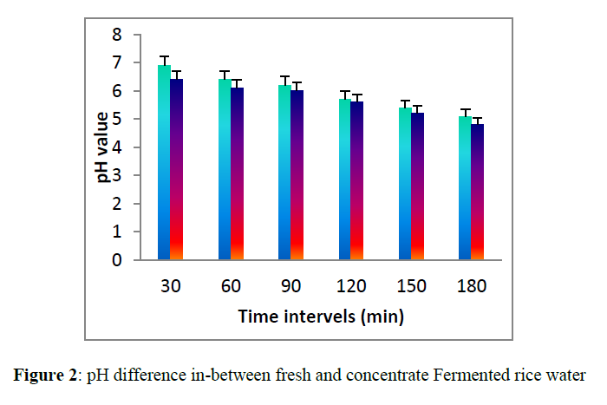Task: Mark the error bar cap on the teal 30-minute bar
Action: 164,56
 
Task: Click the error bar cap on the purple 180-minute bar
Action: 478,118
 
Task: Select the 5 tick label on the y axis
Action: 114,119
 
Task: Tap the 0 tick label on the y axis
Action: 114,260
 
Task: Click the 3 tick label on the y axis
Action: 114,175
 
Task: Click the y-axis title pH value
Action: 101,147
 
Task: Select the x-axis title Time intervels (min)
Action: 321,317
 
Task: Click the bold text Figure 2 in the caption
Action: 43,376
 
